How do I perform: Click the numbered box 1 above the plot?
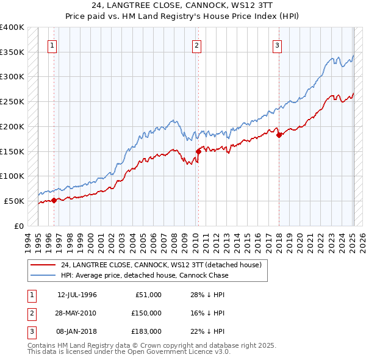pyautogui.click(x=52, y=45)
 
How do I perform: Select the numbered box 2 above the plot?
pyautogui.click(x=197, y=45)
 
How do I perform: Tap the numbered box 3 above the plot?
pyautogui.click(x=277, y=45)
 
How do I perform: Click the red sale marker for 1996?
pyautogui.click(x=54, y=200)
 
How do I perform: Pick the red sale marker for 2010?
pyautogui.click(x=198, y=151)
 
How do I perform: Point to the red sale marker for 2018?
pyautogui.click(x=279, y=135)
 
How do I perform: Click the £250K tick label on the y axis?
pyautogui.click(x=12, y=101)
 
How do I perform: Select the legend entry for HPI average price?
pyautogui.click(x=144, y=275)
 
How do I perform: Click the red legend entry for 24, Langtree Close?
pyautogui.click(x=161, y=265)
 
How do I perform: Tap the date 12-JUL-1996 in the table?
pyautogui.click(x=77, y=295)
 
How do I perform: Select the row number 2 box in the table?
pyautogui.click(x=30, y=313)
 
